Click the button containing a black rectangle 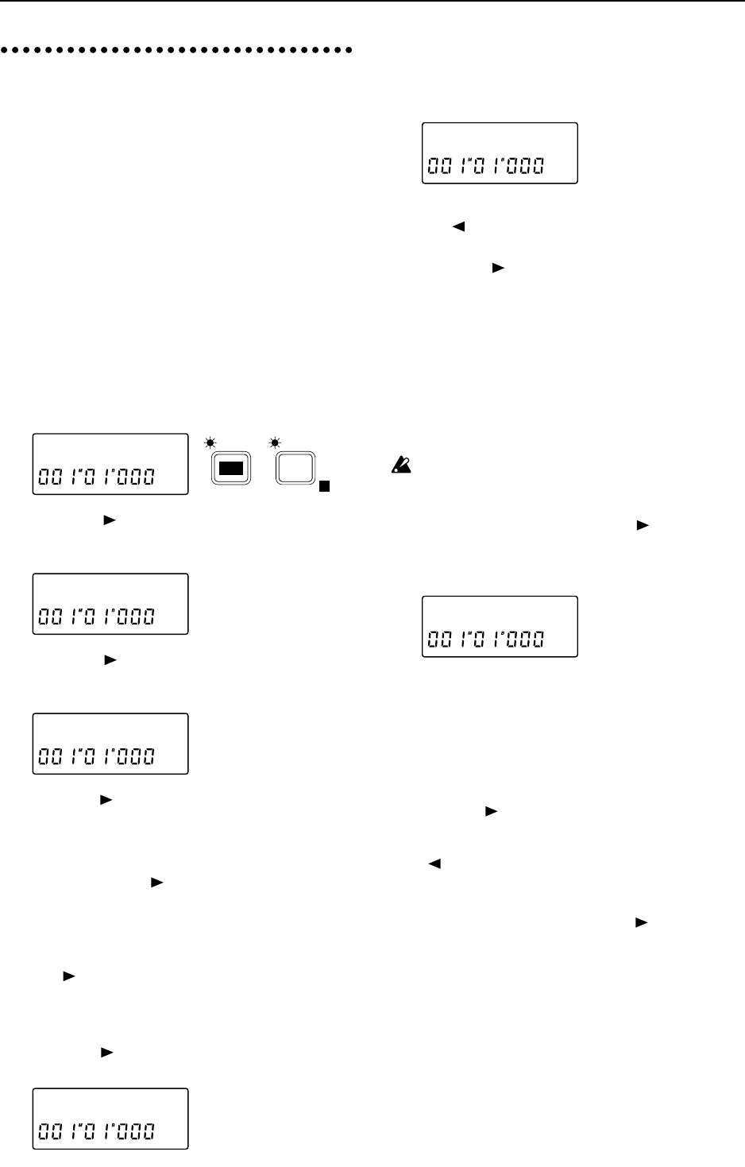[230, 468]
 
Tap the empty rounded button [295, 467]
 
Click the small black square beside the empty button [323, 486]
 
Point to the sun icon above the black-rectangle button [210, 441]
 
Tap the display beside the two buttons [110, 464]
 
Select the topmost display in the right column [499, 153]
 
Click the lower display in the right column [499, 626]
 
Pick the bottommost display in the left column [110, 1119]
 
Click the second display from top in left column [110, 604]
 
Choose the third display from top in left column [110, 744]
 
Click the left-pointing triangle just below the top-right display [458, 226]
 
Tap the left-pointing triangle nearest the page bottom [434, 864]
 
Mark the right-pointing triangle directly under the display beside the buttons [110, 520]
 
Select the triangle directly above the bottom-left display [107, 1053]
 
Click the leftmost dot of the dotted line [5, 50]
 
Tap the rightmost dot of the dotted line [349, 50]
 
